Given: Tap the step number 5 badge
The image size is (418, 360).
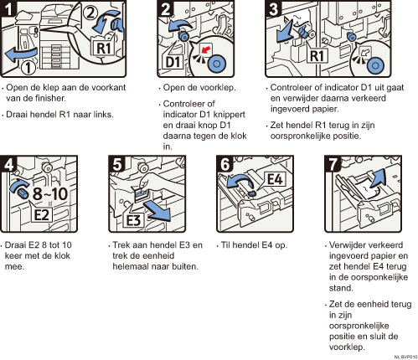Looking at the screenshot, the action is click(116, 163).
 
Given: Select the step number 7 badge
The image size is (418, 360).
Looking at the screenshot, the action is click(333, 163).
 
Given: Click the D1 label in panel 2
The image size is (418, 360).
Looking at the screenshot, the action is click(173, 62).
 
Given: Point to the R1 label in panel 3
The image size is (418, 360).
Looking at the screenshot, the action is click(317, 56).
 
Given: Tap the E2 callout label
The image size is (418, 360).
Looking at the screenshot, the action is click(41, 214).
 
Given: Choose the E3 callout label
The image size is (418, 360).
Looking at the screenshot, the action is click(133, 220).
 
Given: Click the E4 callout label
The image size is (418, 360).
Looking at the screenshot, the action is click(275, 179).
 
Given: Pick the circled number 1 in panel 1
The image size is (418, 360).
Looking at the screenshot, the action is click(28, 68).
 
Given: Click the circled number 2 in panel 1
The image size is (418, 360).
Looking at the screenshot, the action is click(90, 13).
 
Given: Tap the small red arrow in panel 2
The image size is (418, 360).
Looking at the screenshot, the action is click(205, 50).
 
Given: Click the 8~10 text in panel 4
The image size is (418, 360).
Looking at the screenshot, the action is click(50, 193).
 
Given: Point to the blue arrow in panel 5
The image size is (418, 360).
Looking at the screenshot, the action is click(157, 211).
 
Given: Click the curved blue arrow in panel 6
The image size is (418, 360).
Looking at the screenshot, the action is click(240, 182).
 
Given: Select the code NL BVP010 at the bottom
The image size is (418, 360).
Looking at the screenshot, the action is click(406, 357).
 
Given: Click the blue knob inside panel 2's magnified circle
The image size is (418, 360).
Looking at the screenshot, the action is click(216, 64).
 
